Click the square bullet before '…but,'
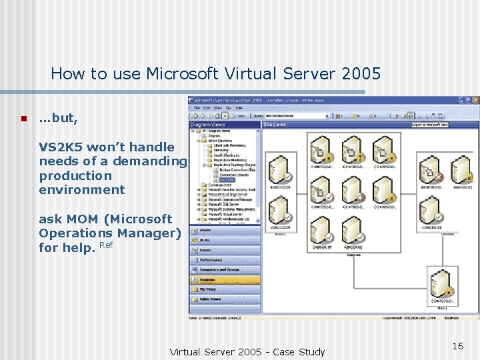(23, 119)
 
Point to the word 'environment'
(81, 190)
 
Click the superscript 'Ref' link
(105, 245)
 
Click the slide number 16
(457, 345)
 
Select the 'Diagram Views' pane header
(209, 125)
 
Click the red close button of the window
(474, 100)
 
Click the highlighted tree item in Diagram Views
(227, 179)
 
